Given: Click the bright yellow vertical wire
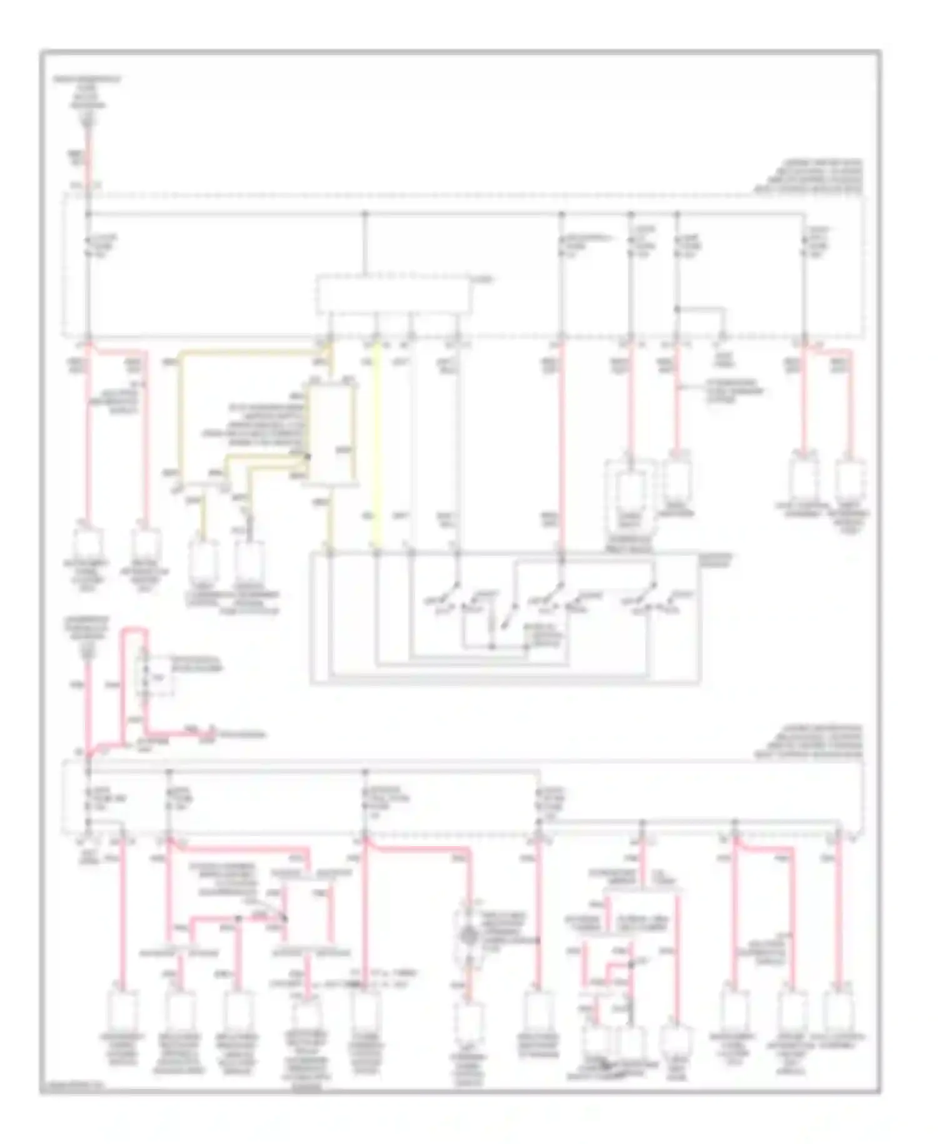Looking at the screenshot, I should [376, 447].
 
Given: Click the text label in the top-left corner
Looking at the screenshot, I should [88, 94].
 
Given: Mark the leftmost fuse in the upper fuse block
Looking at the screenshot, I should [88, 246].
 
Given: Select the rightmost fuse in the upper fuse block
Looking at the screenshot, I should [804, 246].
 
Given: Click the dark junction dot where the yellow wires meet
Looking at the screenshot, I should [307, 457].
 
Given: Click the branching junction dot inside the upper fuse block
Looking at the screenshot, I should [677, 309].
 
